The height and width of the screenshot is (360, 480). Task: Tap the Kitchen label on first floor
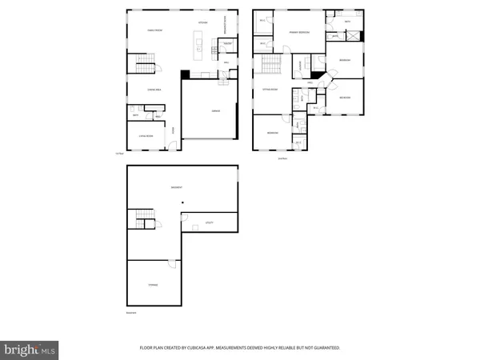[x=203, y=23]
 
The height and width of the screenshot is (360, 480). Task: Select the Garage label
[x=214, y=111]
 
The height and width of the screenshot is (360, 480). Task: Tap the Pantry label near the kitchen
[x=227, y=43]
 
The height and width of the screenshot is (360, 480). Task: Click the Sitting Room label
[x=270, y=90]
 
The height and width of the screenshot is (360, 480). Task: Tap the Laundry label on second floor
[x=300, y=66]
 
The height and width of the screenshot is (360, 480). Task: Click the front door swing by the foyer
[x=168, y=146]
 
